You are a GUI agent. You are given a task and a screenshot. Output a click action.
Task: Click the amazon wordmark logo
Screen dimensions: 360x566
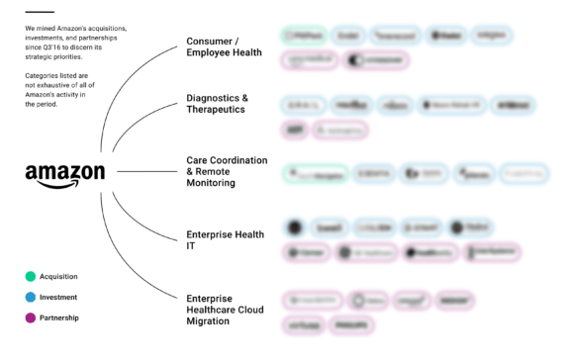pyautogui.click(x=64, y=172)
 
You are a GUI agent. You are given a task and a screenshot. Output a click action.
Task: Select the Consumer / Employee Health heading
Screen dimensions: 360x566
pyautogui.click(x=224, y=46)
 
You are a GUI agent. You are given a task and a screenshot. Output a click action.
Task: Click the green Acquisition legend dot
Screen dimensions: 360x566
pyautogui.click(x=32, y=277)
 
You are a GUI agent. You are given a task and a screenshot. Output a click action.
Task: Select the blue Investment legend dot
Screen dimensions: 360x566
pyautogui.click(x=32, y=297)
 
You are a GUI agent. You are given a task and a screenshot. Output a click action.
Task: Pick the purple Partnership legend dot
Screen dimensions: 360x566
pyautogui.click(x=32, y=317)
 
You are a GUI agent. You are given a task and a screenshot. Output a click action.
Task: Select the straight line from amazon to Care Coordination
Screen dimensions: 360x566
pyautogui.click(x=143, y=171)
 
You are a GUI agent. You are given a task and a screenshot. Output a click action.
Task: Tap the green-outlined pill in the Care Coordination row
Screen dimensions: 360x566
pyautogui.click(x=315, y=173)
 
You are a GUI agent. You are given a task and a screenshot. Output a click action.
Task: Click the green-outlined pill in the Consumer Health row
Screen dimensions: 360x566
pyautogui.click(x=303, y=36)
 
